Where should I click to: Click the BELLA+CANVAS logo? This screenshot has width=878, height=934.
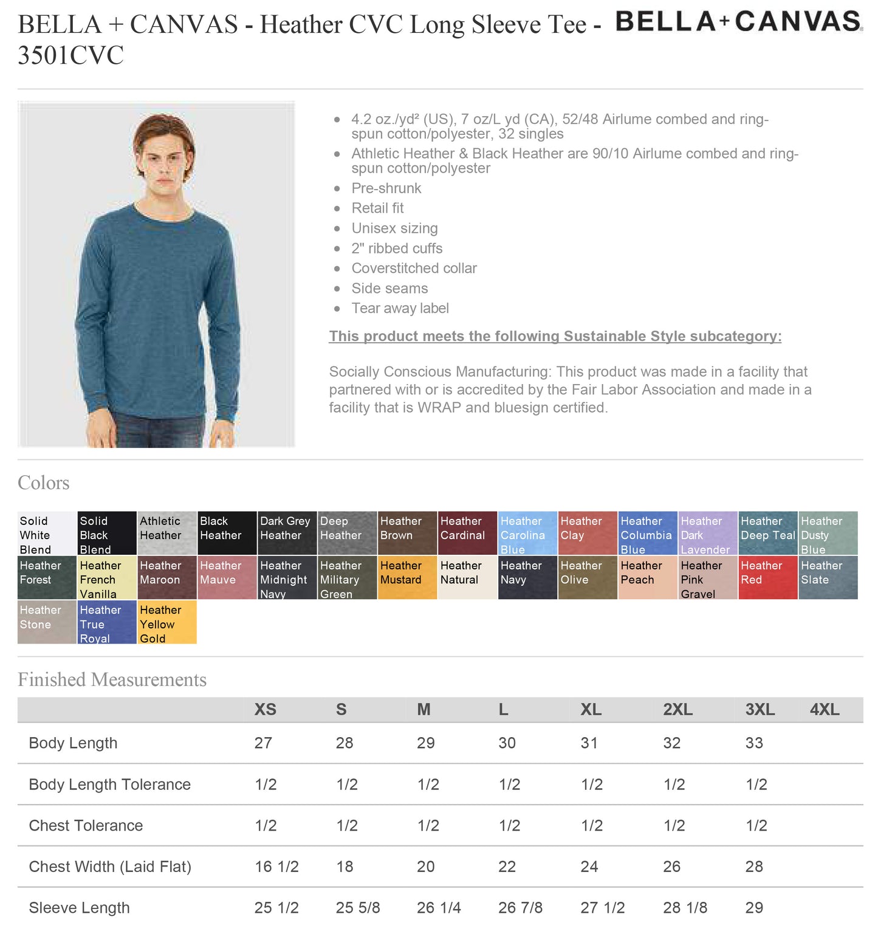pos(738,22)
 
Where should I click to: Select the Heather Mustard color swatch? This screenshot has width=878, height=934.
pos(407,577)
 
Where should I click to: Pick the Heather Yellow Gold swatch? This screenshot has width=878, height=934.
pos(167,622)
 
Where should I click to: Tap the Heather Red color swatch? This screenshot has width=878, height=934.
pos(767,577)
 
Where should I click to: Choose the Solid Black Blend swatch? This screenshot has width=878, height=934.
pos(107,534)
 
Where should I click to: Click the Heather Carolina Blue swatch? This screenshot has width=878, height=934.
pos(527,534)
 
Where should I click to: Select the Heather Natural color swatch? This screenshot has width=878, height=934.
pos(467,577)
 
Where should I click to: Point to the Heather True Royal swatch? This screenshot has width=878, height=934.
pos(107,622)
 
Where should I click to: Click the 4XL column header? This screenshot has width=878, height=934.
pos(824,710)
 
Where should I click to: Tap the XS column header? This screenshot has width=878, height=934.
pos(265,710)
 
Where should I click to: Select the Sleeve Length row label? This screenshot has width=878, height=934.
pos(79,907)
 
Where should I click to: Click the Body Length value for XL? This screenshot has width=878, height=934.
pos(589,743)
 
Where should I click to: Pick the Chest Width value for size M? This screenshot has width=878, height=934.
pos(425,867)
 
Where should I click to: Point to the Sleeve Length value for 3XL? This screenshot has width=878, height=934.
pos(753,907)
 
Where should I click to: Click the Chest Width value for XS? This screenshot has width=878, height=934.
pos(276,867)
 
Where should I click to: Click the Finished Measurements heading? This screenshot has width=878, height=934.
pos(112,679)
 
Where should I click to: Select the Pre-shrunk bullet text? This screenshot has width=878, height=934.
pos(386,188)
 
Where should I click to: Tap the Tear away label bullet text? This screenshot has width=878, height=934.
pos(400,308)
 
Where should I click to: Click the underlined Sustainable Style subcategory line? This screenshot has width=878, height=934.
pos(555,336)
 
